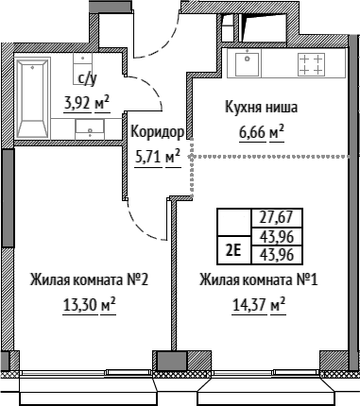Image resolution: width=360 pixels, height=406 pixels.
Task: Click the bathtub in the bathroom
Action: pyautogui.click(x=33, y=98)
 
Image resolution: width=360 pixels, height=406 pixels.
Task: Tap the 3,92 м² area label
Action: pyautogui.click(x=87, y=103)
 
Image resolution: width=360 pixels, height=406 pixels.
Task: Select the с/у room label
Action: pyautogui.click(x=87, y=79)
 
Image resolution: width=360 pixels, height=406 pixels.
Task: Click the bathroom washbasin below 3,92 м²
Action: pyautogui.click(x=90, y=129)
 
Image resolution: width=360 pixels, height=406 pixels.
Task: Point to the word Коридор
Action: pyautogui.click(x=157, y=131)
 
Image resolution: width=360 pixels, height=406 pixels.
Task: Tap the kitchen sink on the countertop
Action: pyautogui.click(x=248, y=64)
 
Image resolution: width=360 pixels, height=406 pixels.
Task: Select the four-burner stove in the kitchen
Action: pyautogui.click(x=311, y=64)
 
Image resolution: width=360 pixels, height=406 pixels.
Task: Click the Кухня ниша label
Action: pyautogui.click(x=261, y=108)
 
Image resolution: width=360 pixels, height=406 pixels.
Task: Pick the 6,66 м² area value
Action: pyautogui.click(x=262, y=132)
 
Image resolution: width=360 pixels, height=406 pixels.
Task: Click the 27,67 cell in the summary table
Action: pyautogui.click(x=277, y=217)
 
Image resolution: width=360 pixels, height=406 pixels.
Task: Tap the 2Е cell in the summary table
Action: pyautogui.click(x=234, y=250)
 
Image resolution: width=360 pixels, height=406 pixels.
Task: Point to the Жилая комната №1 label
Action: pyautogui.click(x=259, y=279)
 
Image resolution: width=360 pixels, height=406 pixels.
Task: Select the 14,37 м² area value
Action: pyautogui.click(x=259, y=304)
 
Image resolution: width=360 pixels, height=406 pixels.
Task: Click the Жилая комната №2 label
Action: pyautogui.click(x=89, y=279)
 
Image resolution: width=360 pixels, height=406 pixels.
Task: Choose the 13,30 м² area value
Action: pyautogui.click(x=89, y=304)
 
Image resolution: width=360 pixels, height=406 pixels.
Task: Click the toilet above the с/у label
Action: pyautogui.click(x=82, y=65)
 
